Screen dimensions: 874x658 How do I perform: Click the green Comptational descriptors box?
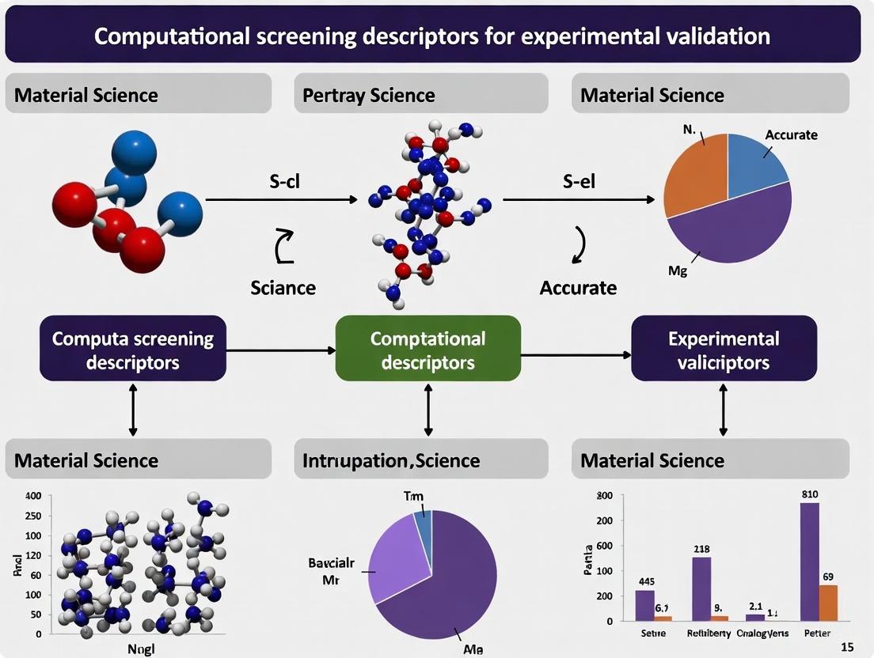[428, 350]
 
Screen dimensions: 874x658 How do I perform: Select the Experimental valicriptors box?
[724, 350]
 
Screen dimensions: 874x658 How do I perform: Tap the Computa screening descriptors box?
[133, 350]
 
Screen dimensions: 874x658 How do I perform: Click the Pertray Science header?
[369, 96]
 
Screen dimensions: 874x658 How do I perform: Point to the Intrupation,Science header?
[391, 461]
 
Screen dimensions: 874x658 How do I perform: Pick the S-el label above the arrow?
[579, 181]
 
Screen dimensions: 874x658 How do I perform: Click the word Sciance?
[283, 287]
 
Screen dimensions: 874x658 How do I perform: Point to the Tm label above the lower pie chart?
[414, 497]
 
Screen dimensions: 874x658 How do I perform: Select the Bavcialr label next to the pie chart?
[331, 564]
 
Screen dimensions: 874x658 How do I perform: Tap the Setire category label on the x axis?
[653, 633]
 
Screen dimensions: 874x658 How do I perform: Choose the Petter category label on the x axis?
[817, 633]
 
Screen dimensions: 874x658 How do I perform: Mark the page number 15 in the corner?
[847, 648]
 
